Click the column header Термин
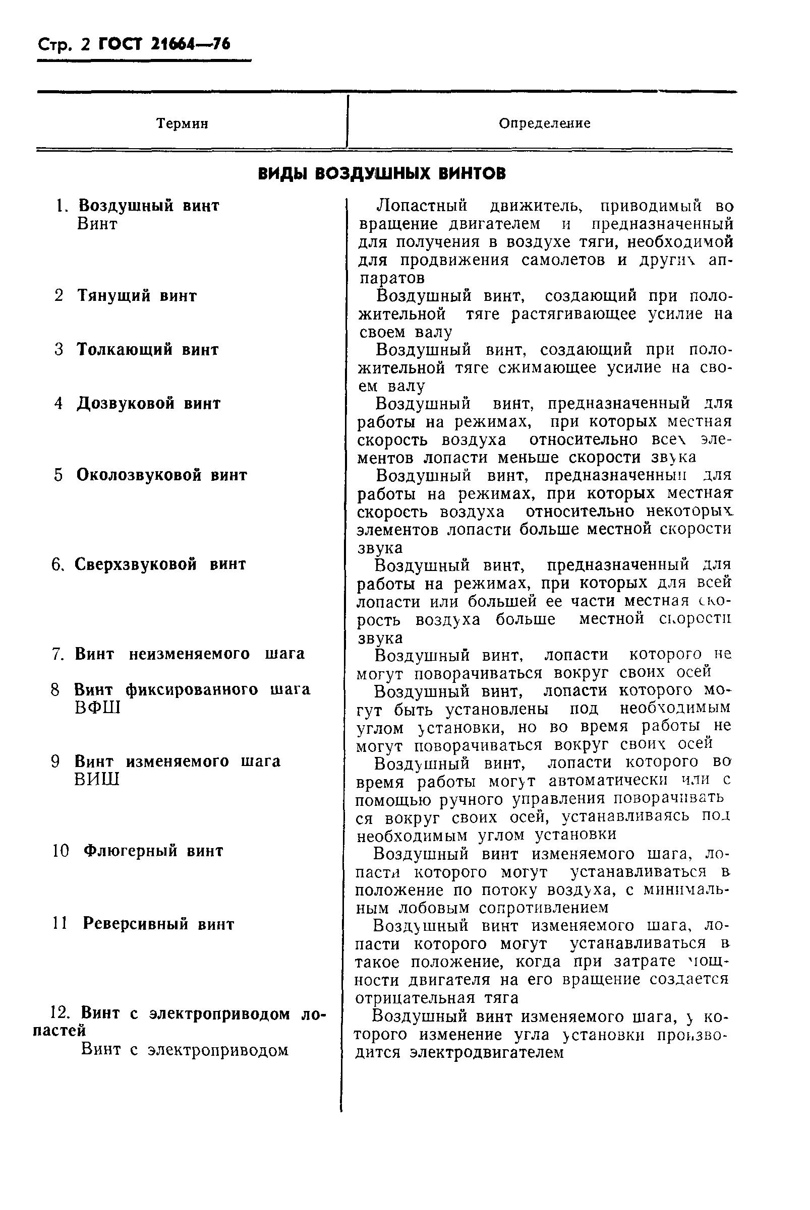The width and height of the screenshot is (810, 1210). click(182, 124)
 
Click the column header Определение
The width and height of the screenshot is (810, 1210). click(545, 123)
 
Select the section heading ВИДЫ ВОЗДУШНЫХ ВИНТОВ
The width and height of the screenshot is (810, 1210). click(382, 174)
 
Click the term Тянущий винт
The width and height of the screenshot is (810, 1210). click(137, 296)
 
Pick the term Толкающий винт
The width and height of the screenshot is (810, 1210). click(148, 349)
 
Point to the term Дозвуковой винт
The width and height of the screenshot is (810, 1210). click(149, 403)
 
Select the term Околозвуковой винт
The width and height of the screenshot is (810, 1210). click(162, 475)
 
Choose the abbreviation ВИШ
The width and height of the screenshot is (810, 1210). click(97, 779)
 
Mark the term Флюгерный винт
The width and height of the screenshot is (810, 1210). click(153, 851)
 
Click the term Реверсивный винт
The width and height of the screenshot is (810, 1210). click(158, 924)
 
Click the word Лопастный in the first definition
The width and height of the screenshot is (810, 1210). click(422, 206)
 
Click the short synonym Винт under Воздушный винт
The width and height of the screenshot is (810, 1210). click(97, 224)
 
